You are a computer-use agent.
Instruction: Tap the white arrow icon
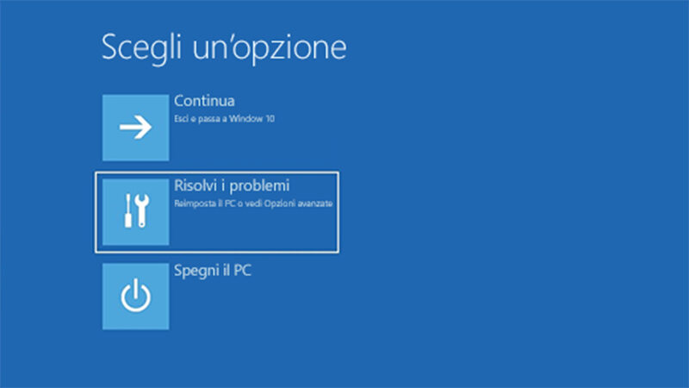point(135,128)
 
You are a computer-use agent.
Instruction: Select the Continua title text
point(204,101)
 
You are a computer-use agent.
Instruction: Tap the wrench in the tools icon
point(143,211)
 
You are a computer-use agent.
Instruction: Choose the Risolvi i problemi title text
point(232,186)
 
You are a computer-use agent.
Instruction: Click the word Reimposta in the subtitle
point(192,203)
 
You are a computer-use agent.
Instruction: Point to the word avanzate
point(315,203)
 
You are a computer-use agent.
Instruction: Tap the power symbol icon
point(135,297)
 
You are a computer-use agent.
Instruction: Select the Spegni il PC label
point(212,272)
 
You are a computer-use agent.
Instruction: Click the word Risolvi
point(193,186)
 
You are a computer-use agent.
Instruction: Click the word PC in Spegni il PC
point(240,271)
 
